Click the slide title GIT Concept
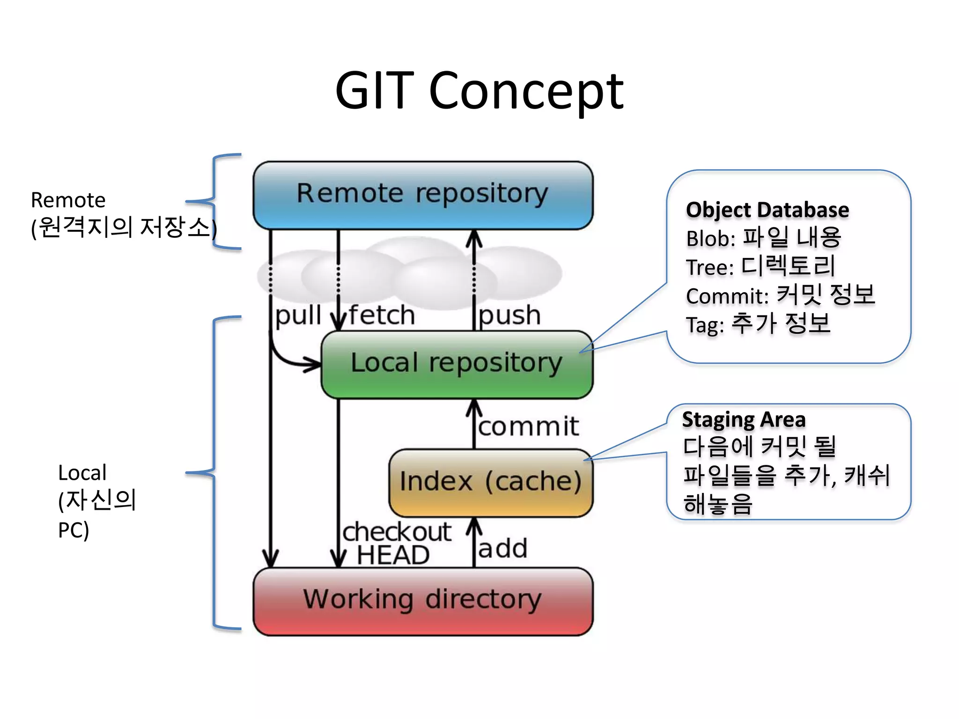(x=479, y=91)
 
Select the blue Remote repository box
(x=423, y=194)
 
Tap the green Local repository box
(x=457, y=364)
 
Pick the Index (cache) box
(x=491, y=482)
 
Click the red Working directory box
(x=423, y=601)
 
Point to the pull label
(x=298, y=316)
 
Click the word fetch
(x=382, y=315)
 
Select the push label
(x=509, y=316)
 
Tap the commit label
(x=528, y=426)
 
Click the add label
(x=502, y=549)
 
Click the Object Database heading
(x=767, y=210)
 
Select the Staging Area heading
(x=744, y=420)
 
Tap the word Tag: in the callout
(x=705, y=325)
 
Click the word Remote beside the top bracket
(x=68, y=200)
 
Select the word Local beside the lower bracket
(x=82, y=473)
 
